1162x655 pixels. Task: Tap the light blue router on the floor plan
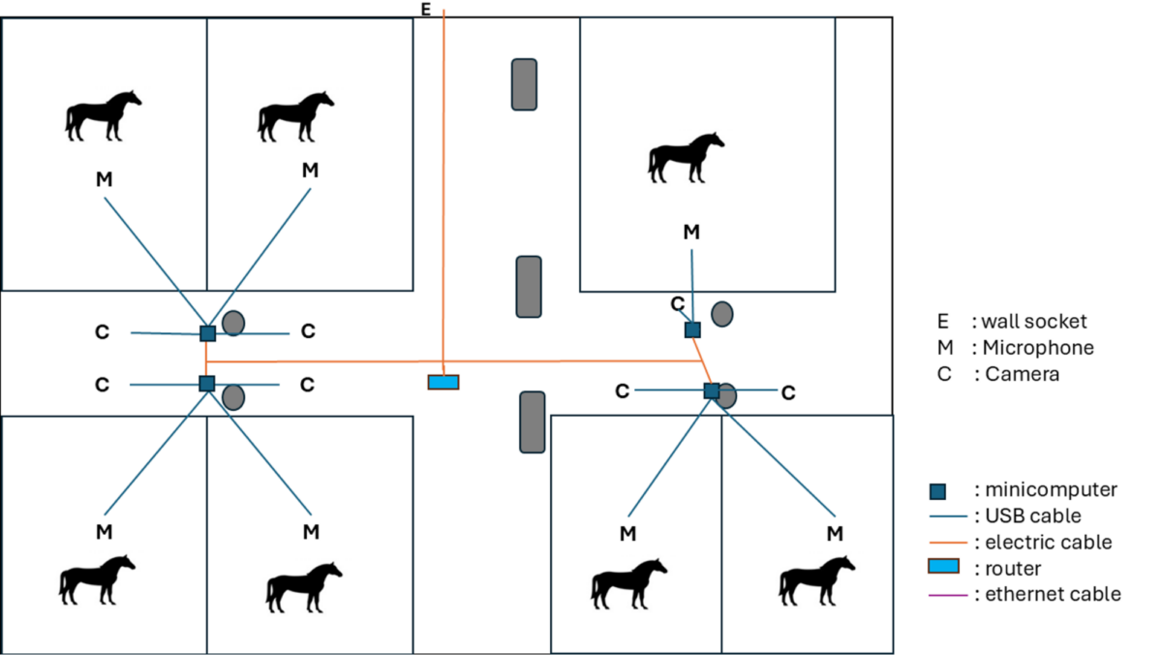[443, 382]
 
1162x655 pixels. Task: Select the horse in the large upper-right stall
[686, 158]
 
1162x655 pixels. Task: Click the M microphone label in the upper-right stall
[690, 232]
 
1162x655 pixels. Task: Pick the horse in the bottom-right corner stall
[817, 580]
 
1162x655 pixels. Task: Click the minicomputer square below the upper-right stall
[692, 329]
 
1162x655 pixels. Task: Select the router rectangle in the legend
[944, 567]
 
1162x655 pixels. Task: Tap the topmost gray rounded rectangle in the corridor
[525, 84]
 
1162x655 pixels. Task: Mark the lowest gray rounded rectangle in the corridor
[533, 421]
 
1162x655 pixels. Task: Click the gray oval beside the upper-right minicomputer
[721, 314]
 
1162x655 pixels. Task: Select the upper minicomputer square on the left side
[207, 333]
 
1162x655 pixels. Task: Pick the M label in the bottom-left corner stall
[104, 531]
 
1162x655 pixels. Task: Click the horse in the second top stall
[295, 116]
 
